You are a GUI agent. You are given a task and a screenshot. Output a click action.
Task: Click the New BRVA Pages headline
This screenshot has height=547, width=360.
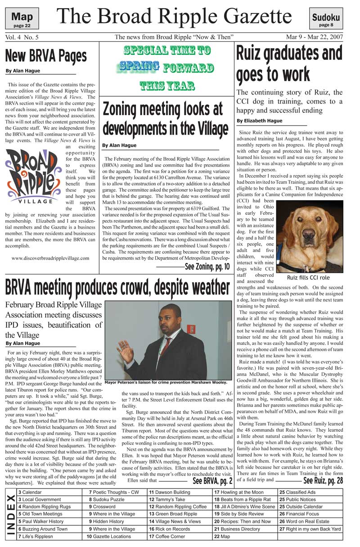pyautogui.click(x=46, y=56)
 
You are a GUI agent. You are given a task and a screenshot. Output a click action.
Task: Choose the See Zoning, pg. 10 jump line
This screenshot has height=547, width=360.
pyautogui.click(x=207, y=267)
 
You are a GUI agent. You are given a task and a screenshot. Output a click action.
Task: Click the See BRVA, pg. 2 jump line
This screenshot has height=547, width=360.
pyautogui.click(x=212, y=481)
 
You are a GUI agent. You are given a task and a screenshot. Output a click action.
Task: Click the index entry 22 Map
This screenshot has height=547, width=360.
pyautogui.click(x=222, y=536)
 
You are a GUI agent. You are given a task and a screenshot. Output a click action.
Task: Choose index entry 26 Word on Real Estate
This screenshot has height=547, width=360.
pyautogui.click(x=309, y=521)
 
